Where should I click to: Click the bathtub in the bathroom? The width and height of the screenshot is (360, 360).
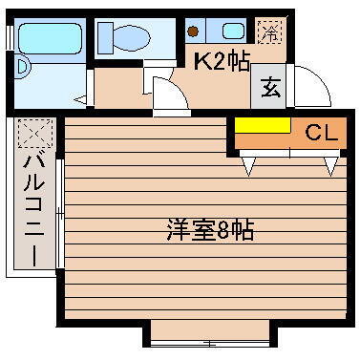50,38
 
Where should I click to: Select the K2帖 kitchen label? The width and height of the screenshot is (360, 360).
222,62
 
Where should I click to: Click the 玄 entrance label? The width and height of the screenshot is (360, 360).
269,91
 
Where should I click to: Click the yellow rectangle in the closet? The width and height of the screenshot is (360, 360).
263,126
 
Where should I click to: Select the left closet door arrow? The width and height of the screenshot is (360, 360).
249,166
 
